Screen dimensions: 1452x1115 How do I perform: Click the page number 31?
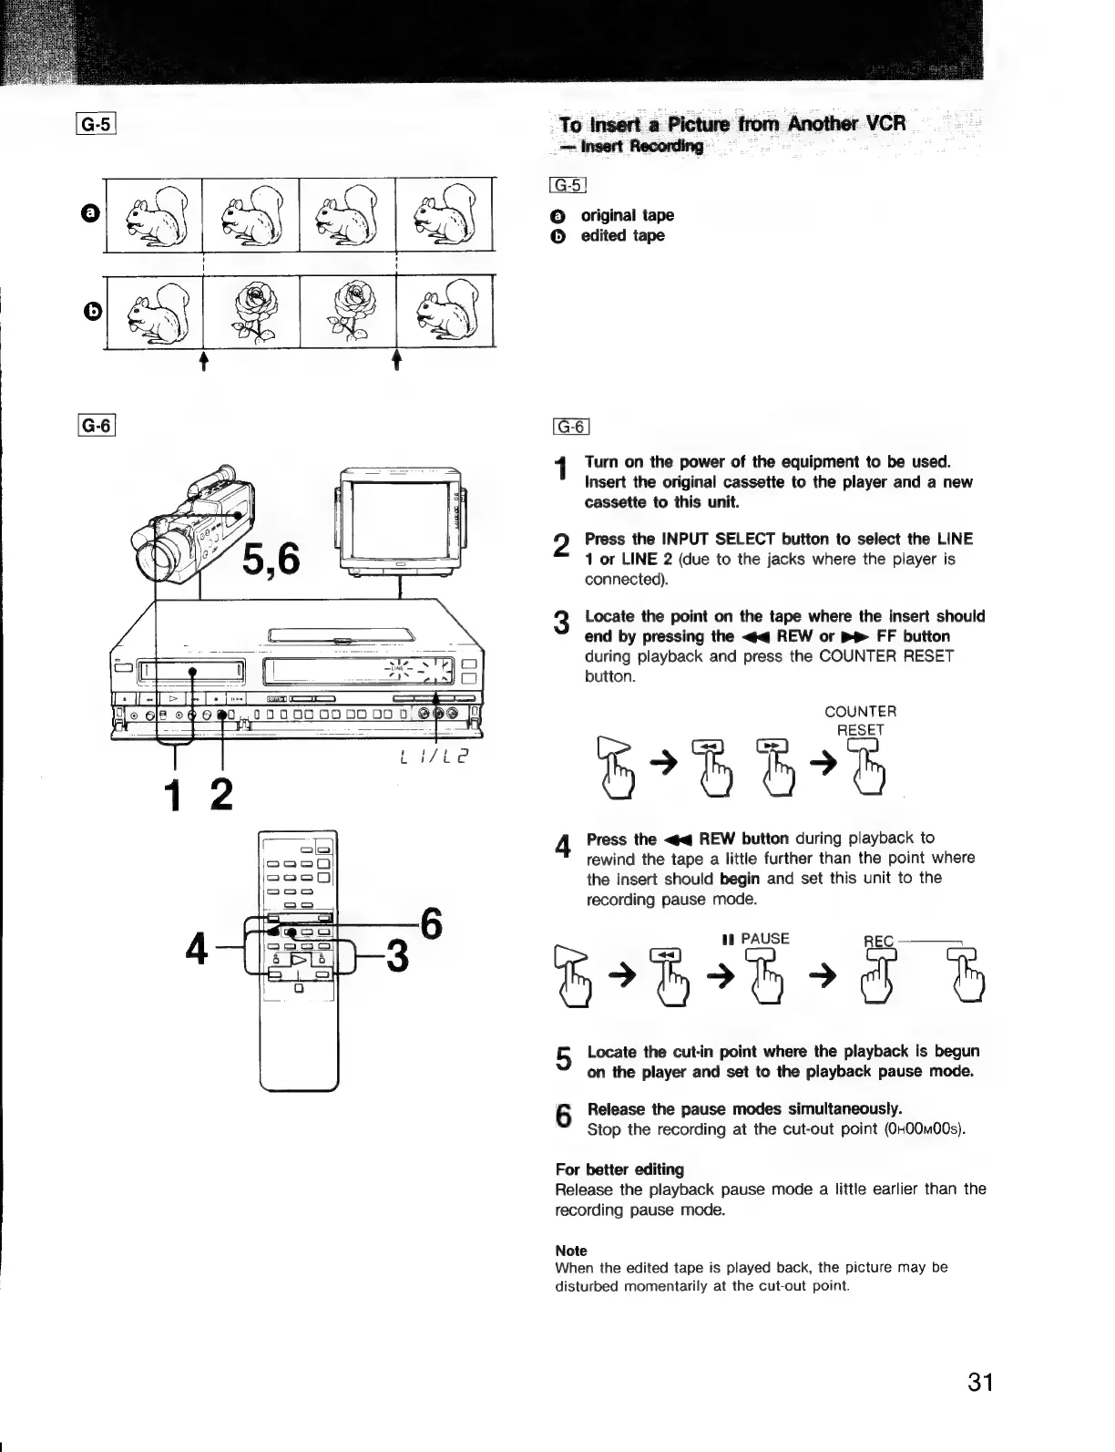click(x=979, y=1382)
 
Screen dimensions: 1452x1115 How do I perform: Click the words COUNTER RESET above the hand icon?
click(x=860, y=720)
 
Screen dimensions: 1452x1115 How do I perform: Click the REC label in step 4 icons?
click(x=879, y=941)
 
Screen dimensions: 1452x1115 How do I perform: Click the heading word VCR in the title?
click(x=881, y=123)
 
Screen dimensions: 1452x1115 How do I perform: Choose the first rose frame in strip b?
click(x=251, y=312)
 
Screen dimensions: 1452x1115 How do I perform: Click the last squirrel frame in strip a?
click(x=444, y=216)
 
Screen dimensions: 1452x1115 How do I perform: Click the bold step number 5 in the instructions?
click(x=564, y=1059)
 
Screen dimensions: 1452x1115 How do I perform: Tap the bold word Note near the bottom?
click(x=571, y=1251)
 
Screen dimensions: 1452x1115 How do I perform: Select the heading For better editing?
click(x=619, y=1169)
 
